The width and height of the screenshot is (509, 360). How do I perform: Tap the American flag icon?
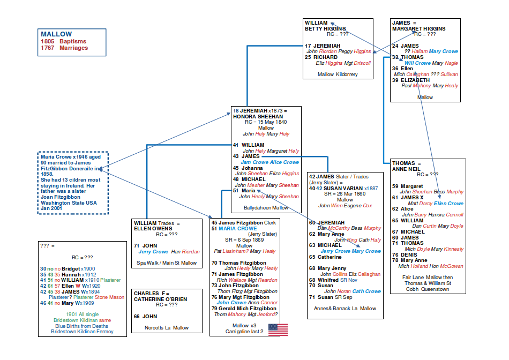(278, 330)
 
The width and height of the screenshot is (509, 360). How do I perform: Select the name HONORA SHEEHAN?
(258, 116)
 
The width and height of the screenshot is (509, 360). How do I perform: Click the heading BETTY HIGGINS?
(325, 28)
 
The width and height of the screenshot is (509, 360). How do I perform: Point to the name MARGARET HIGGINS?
(418, 28)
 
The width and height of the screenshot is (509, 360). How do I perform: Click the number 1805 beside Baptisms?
(48, 41)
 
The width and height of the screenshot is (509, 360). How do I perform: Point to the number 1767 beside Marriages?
(48, 48)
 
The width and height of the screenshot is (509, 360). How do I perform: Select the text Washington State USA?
(69, 203)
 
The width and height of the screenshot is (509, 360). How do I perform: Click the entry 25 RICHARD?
(321, 57)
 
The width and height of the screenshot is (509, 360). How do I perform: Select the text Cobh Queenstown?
(428, 289)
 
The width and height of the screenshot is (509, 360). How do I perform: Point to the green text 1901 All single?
(83, 314)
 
